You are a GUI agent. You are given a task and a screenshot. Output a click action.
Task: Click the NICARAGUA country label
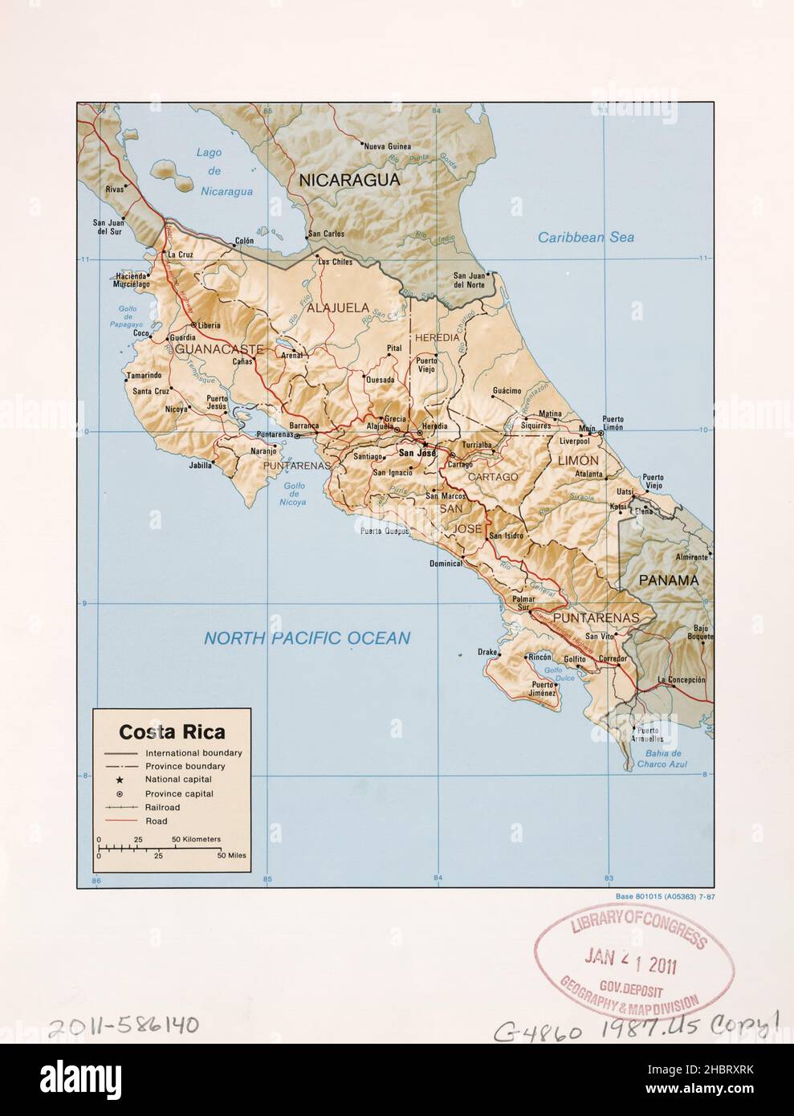(349, 181)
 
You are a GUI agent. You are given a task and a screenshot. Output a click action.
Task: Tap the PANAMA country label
(669, 580)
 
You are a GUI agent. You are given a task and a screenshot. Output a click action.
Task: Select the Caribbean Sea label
(585, 237)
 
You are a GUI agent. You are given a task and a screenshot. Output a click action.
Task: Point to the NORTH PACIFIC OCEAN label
(307, 639)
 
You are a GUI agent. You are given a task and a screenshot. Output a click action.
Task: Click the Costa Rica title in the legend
(172, 732)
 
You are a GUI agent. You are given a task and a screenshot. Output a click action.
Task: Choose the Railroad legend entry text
(164, 807)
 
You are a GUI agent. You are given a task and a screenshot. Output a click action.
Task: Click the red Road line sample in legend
(119, 821)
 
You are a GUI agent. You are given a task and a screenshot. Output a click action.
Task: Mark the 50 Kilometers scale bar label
(196, 839)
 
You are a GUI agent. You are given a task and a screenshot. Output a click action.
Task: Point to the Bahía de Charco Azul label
(663, 759)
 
